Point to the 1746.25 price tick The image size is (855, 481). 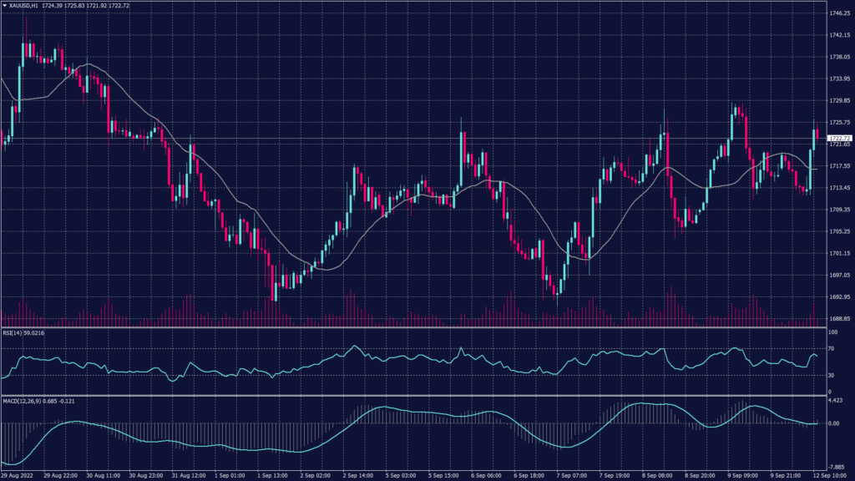tap(840, 13)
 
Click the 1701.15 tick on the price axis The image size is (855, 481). tap(840, 253)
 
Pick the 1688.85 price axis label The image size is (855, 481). tap(840, 319)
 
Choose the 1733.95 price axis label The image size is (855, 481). tap(840, 78)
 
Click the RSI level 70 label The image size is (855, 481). tap(832, 348)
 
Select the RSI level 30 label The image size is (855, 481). tap(832, 375)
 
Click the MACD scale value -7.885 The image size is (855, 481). tap(837, 468)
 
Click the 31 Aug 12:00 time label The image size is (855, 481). tap(189, 476)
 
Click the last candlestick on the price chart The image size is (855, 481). tap(816, 136)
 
